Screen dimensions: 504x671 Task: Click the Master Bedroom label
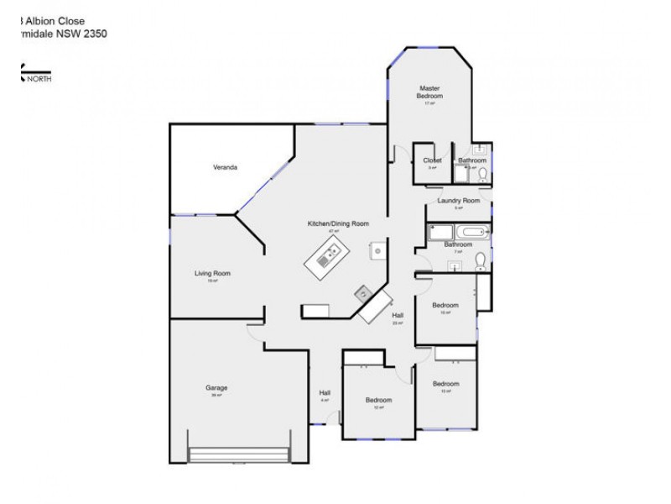[x=429, y=92]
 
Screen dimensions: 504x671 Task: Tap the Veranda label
[x=224, y=167]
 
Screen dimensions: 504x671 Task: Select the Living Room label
[x=212, y=273]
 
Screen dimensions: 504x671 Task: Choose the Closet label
[x=432, y=160]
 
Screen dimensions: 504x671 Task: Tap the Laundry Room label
[x=459, y=201]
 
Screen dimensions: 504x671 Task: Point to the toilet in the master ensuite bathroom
[x=482, y=173]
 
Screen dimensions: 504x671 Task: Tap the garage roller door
[x=240, y=454]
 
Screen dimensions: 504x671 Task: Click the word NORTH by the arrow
[x=39, y=79]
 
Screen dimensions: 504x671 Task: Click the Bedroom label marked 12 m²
[x=378, y=400]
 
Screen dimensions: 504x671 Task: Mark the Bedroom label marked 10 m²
[x=445, y=305]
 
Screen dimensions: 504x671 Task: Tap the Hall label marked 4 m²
[x=325, y=393]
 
